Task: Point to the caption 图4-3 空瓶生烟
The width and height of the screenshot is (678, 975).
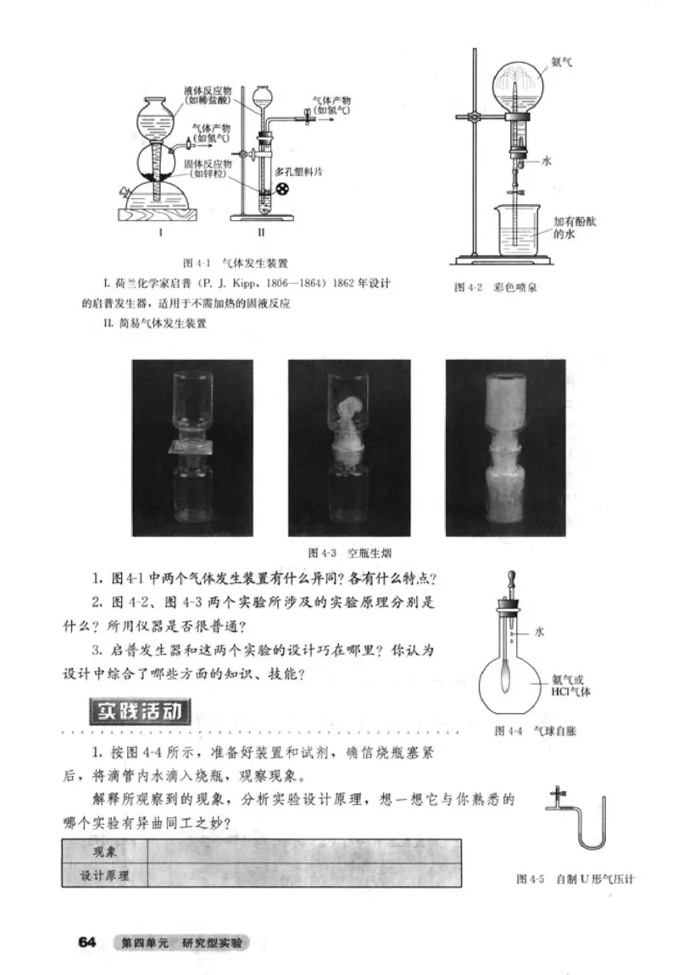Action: (337, 552)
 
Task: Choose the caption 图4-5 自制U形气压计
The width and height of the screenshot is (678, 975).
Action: (575, 878)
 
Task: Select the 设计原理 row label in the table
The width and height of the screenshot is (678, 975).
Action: (103, 876)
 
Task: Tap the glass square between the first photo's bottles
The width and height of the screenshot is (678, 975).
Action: (193, 447)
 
